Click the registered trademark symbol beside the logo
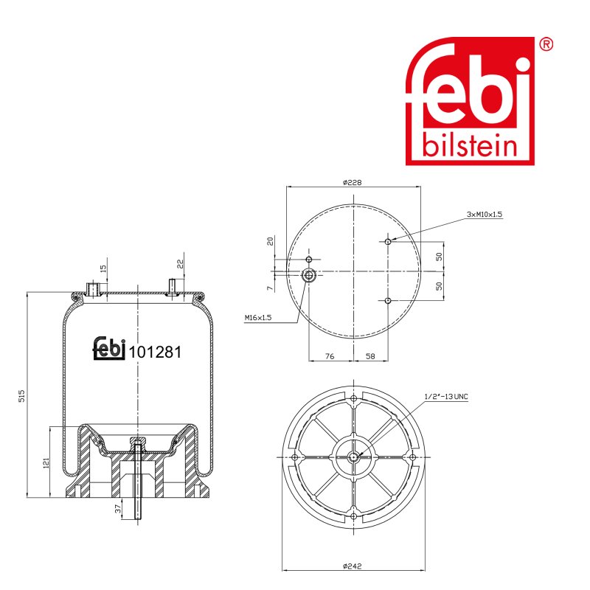tap(546, 44)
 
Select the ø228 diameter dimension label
tap(353, 182)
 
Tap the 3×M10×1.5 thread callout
tap(485, 214)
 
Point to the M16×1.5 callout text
tap(258, 318)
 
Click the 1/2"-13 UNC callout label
tap(446, 396)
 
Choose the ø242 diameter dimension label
tap(353, 566)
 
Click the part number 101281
tap(155, 353)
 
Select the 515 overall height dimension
tap(21, 396)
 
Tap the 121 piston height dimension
tap(46, 463)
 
